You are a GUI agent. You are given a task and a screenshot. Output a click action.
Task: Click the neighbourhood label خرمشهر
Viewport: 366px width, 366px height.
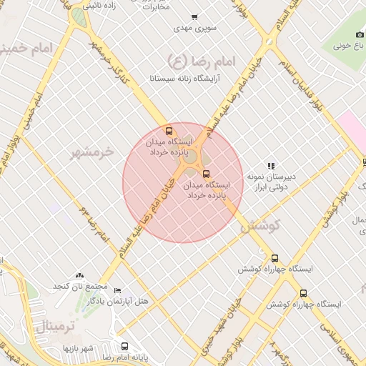coord(92,152)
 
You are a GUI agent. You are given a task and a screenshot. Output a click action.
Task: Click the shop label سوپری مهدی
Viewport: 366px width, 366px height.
coord(194,29)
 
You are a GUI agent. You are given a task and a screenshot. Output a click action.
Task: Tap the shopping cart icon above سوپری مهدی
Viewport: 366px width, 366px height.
coord(194,17)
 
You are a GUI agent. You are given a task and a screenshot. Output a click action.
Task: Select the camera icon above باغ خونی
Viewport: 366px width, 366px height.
coord(360,35)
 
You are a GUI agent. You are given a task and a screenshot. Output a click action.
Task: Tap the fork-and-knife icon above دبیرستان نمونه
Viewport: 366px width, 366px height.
coord(270,165)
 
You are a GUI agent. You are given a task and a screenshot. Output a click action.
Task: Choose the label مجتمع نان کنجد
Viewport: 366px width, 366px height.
coord(79,287)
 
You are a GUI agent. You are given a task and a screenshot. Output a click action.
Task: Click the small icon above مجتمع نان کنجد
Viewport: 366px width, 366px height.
coord(79,275)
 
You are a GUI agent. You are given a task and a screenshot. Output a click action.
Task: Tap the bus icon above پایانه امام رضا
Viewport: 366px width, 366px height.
coord(124,345)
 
